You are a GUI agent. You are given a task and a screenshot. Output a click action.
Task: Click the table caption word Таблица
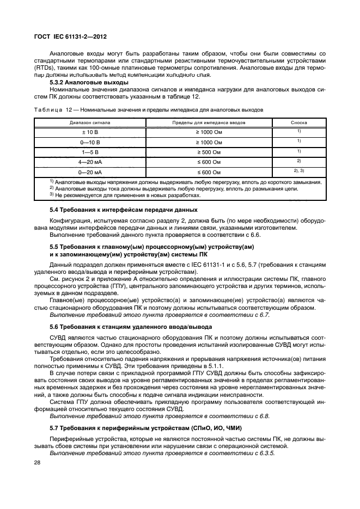(48, 109)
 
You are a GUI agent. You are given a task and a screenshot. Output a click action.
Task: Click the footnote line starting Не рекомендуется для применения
(117, 194)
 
